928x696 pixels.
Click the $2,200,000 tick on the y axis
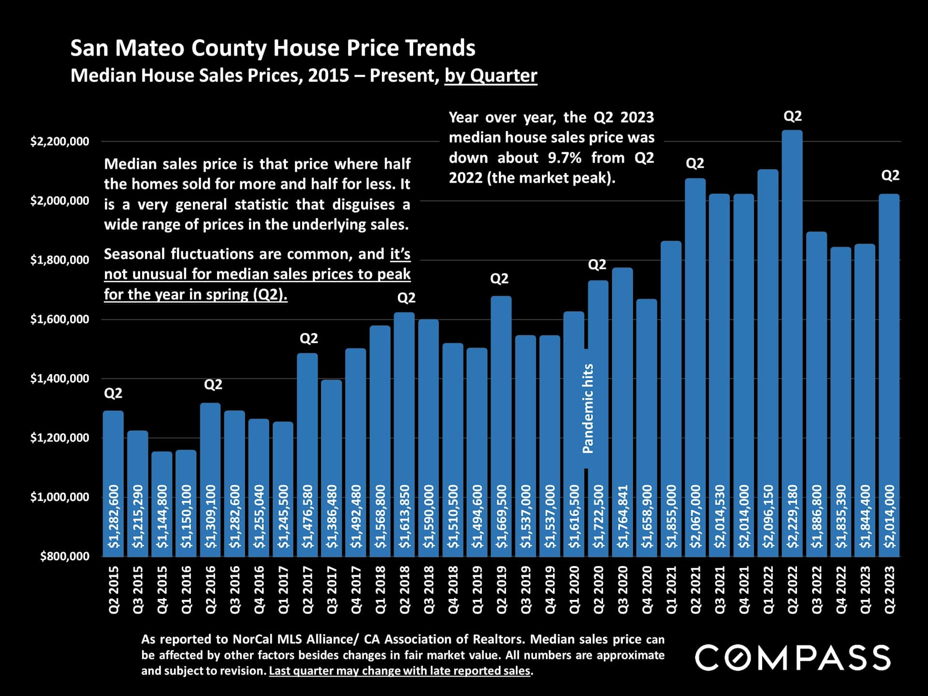point(60,142)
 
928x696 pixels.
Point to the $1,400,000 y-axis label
point(60,378)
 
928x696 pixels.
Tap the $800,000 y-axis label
point(65,556)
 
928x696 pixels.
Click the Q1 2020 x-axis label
point(574,590)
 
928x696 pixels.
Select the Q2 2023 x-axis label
point(889,590)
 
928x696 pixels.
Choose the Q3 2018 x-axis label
point(429,590)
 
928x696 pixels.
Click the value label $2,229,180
point(792,516)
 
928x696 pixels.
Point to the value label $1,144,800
point(162,516)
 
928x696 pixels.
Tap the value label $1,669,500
point(501,516)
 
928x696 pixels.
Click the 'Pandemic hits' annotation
point(588,408)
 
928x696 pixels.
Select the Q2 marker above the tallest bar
point(792,116)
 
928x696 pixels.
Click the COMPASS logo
point(793,657)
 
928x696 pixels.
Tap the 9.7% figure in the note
point(564,158)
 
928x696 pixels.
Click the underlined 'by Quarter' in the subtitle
point(491,76)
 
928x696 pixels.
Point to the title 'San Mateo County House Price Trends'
point(273,48)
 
